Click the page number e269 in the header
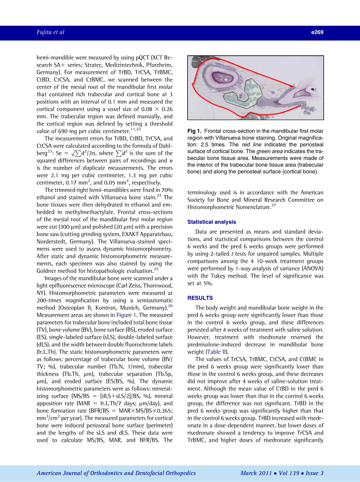coord(317,33)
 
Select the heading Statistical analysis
coord(211,222)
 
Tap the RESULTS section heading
coord(200,298)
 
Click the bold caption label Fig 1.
coord(195,131)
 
